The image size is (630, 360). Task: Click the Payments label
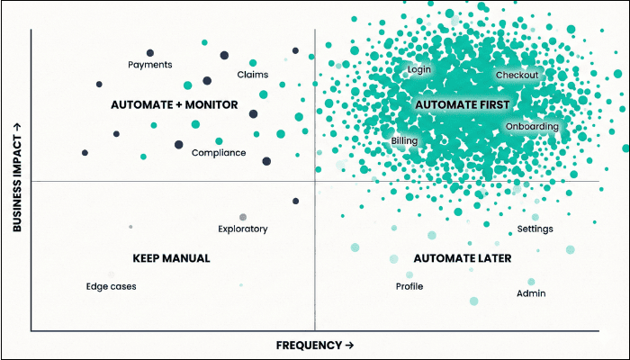click(x=150, y=65)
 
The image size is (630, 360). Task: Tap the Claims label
click(x=253, y=75)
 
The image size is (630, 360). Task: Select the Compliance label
click(x=219, y=153)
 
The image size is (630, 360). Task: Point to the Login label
click(x=419, y=69)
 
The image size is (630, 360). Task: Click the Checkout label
click(x=517, y=76)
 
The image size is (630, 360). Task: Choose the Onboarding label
click(x=532, y=127)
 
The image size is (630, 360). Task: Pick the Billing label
click(x=405, y=141)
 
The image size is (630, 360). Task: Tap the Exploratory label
click(x=243, y=229)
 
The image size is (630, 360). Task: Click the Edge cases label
click(x=111, y=287)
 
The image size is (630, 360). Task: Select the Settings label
click(x=535, y=229)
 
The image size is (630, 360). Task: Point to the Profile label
click(x=409, y=287)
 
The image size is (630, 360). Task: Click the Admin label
click(x=531, y=293)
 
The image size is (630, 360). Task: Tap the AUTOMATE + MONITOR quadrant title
click(x=175, y=105)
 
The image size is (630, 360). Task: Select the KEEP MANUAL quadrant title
click(x=171, y=258)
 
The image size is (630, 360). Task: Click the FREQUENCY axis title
click(x=314, y=345)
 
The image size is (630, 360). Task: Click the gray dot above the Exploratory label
click(x=243, y=217)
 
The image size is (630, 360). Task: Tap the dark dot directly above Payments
click(x=150, y=53)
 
